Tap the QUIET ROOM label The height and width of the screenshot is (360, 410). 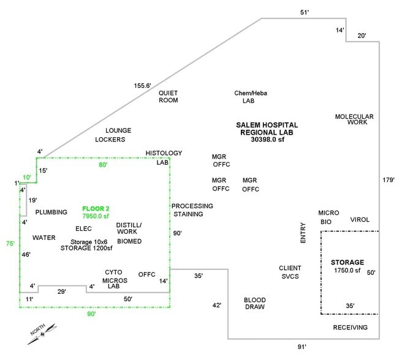[168, 97]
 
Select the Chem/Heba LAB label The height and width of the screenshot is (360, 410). [250, 97]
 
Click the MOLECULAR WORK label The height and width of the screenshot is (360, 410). [354, 119]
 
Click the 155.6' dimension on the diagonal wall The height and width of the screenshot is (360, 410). [142, 86]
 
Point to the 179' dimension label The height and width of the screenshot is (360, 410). [388, 180]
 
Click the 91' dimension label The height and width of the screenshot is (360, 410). [302, 347]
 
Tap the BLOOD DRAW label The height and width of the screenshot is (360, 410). [254, 303]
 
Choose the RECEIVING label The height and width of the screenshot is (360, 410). [351, 328]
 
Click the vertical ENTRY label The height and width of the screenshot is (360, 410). [302, 233]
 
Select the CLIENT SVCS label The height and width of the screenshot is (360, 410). [290, 272]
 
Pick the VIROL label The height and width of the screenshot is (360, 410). [360, 219]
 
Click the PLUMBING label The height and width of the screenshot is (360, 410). [51, 212]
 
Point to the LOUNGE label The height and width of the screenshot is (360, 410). [118, 130]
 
